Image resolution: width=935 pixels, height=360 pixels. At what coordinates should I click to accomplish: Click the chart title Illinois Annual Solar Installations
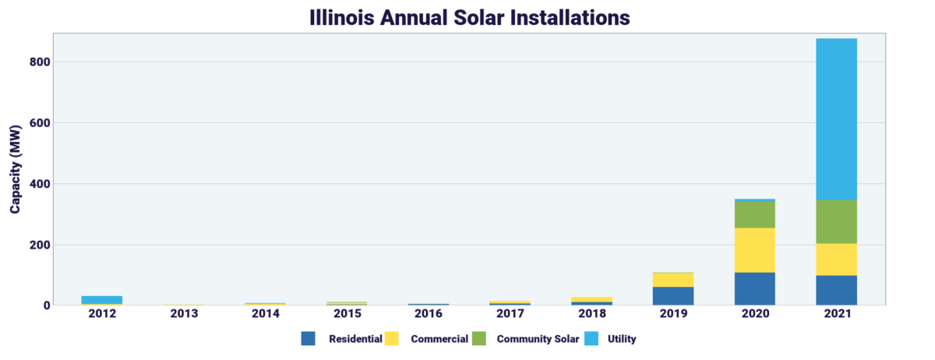pyautogui.click(x=467, y=16)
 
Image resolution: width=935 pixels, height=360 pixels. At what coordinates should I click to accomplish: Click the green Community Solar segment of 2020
pyautogui.click(x=754, y=215)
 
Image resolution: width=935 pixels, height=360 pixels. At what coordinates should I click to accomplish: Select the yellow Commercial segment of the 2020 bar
pyautogui.click(x=754, y=250)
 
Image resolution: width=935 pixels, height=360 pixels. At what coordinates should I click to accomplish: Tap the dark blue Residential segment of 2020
pyautogui.click(x=754, y=288)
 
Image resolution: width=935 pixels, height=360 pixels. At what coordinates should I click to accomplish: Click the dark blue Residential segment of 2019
pyautogui.click(x=673, y=296)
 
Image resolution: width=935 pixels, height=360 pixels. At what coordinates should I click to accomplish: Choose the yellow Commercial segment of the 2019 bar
pyautogui.click(x=673, y=280)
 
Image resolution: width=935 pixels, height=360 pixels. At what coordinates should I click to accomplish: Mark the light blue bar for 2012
pyautogui.click(x=102, y=300)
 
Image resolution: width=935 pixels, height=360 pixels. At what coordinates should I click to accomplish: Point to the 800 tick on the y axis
pyautogui.click(x=41, y=62)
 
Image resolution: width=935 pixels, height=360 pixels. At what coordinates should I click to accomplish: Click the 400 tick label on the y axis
pyautogui.click(x=41, y=184)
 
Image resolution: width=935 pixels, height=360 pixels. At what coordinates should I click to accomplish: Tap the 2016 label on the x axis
pyautogui.click(x=429, y=314)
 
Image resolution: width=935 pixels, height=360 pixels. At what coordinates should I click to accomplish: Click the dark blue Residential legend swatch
pyautogui.click(x=309, y=339)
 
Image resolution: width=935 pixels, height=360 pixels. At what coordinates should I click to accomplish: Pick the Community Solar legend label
pyautogui.click(x=538, y=339)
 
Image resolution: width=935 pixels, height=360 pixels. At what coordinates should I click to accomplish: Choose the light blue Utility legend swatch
pyautogui.click(x=595, y=339)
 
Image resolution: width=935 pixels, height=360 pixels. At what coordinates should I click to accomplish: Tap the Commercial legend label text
pyautogui.click(x=439, y=339)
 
